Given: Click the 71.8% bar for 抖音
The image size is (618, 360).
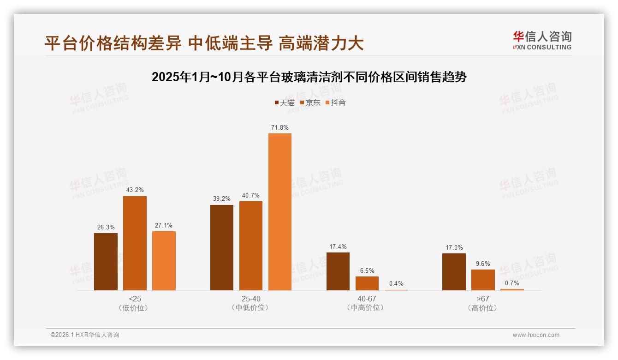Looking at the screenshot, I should pos(280,212).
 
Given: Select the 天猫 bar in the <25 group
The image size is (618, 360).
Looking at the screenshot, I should pos(106,262).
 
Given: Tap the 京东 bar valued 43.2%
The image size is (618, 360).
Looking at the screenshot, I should pos(135,243).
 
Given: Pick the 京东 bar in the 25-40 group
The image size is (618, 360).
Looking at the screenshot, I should pos(251,246).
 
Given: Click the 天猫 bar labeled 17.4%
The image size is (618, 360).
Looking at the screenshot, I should pos(338,271).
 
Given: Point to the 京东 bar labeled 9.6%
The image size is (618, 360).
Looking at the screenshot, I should pos(483,280).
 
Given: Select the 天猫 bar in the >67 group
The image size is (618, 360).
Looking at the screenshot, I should pos(454,272).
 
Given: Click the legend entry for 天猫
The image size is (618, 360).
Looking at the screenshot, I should pos(285,102).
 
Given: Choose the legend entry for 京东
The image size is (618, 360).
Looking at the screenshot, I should pos(310,102).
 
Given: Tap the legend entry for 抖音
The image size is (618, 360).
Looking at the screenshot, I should pos(336,102).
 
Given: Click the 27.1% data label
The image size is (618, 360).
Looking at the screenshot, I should pos(164,226).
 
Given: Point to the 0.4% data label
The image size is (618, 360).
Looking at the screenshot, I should pos(396,284).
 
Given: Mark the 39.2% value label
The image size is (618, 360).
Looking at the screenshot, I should pos(222,199).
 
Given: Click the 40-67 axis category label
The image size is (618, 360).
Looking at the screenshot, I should pos(367,299).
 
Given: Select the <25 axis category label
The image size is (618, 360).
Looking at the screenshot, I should pos(134,299).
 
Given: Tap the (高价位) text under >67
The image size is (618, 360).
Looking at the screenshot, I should pos(483,308).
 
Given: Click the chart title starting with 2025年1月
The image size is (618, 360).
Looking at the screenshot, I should pos(309,77).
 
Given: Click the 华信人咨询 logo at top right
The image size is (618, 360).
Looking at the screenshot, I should pos(542,40).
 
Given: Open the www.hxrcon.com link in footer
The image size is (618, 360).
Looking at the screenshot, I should pos(536,335).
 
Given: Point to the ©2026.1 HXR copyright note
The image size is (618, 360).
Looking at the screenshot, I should pos(85,335).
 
